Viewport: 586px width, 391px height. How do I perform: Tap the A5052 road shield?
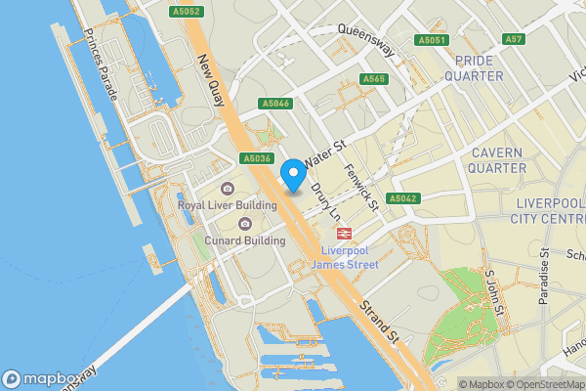click(x=185, y=12)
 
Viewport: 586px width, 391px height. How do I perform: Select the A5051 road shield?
click(x=431, y=40)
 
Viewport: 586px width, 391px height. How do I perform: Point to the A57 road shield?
click(x=515, y=39)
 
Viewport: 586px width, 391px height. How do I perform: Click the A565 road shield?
click(x=372, y=79)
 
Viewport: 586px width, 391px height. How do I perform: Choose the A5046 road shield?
click(x=276, y=103)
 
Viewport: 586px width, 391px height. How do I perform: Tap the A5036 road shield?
click(x=255, y=158)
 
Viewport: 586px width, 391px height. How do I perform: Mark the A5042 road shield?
click(x=403, y=198)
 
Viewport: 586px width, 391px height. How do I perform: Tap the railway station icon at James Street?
click(x=344, y=233)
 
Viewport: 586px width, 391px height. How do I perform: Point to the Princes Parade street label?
click(x=101, y=65)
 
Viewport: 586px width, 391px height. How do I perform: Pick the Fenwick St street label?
click(x=360, y=186)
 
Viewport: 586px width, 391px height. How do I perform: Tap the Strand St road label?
click(x=378, y=322)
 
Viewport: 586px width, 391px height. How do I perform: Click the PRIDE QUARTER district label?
click(x=473, y=67)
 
